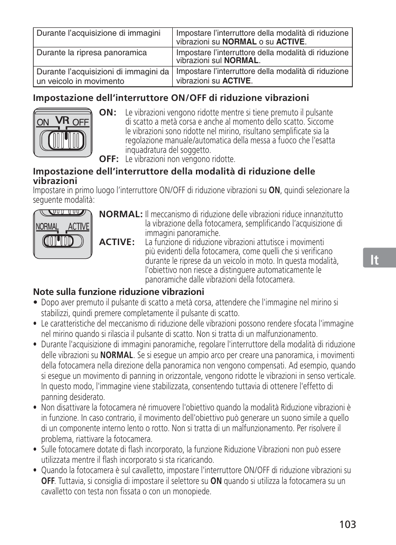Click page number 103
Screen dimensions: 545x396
pyautogui.click(x=347, y=525)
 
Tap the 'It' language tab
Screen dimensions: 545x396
pyautogui.click(x=374, y=260)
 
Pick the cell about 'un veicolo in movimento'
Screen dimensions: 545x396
pyautogui.click(x=103, y=76)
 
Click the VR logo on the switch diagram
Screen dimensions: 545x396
pyautogui.click(x=62, y=120)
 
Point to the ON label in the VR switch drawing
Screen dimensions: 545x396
pyautogui.click(x=43, y=123)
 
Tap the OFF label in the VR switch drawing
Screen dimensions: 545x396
pyautogui.click(x=81, y=123)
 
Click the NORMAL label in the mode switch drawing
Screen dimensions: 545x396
pyautogui.click(x=47, y=227)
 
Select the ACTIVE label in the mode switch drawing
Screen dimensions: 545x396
pyautogui.click(x=78, y=227)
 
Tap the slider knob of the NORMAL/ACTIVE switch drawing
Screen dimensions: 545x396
pyautogui.click(x=59, y=241)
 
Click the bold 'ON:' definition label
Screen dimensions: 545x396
pyautogui.click(x=108, y=113)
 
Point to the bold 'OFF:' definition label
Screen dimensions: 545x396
pyautogui.click(x=109, y=159)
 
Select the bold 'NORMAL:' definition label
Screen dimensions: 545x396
pyautogui.click(x=121, y=214)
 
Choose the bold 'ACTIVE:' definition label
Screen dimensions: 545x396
pyautogui.click(x=117, y=242)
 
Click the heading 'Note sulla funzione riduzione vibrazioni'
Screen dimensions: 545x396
pyautogui.click(x=118, y=292)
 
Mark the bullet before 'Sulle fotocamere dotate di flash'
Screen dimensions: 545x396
pyautogui.click(x=36, y=449)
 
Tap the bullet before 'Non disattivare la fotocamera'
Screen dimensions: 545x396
pyautogui.click(x=36, y=408)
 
